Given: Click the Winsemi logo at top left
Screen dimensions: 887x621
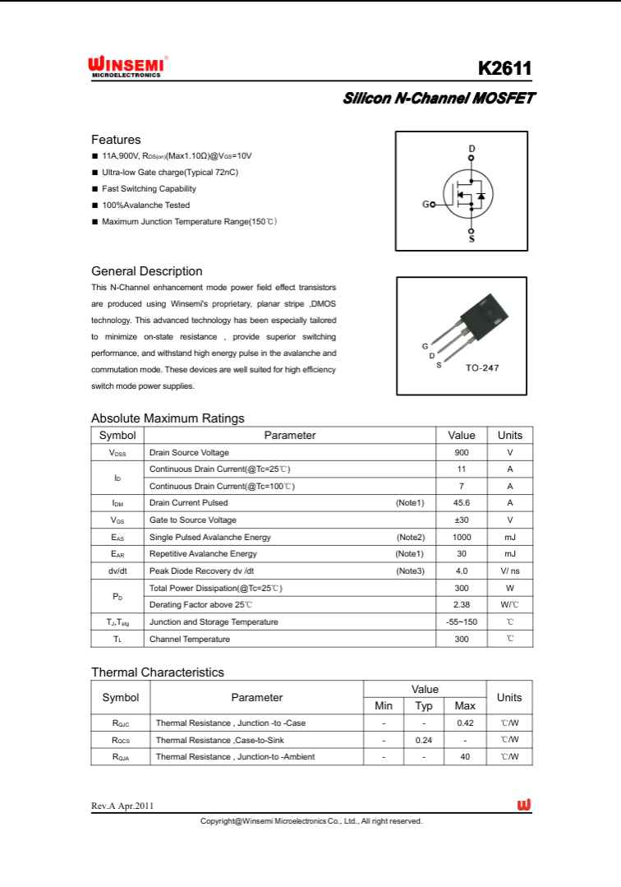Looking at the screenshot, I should click(128, 67).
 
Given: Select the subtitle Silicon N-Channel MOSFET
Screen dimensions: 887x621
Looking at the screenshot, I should click(439, 99).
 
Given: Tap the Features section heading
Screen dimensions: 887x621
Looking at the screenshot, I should click(116, 140).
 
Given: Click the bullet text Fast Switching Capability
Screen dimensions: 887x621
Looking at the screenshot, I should click(149, 188).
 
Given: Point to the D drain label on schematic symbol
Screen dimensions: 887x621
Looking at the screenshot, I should click(471, 149).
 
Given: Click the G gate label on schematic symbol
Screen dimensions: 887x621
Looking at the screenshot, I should click(425, 204).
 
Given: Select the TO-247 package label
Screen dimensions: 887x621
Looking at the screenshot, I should click(482, 367).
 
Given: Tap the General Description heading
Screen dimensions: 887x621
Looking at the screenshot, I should click(146, 271).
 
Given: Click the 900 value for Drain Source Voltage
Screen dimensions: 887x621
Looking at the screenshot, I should click(461, 453).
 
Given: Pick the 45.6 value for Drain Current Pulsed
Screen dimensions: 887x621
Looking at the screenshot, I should click(461, 502).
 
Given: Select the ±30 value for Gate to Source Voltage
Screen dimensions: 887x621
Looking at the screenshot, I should click(461, 520).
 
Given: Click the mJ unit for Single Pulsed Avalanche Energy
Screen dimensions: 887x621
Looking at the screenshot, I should click(509, 537).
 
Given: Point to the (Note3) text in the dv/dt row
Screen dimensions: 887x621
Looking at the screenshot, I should click(410, 570).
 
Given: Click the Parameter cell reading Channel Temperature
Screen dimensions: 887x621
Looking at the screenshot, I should click(190, 639).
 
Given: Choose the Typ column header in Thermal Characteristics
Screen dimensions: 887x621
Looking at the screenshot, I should click(424, 706).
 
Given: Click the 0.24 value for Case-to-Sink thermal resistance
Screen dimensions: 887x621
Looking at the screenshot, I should click(424, 740).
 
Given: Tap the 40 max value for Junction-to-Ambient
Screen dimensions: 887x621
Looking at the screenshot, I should click(465, 756).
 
